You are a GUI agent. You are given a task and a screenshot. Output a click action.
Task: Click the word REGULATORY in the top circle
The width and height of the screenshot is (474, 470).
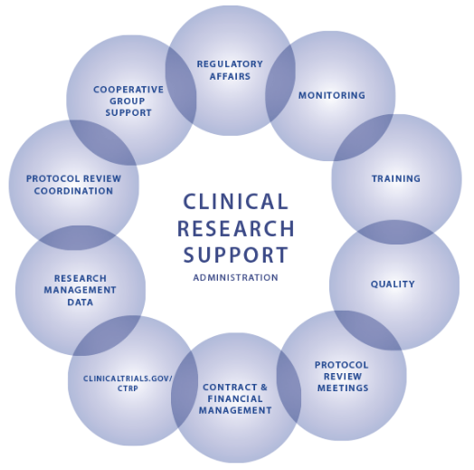click(230, 64)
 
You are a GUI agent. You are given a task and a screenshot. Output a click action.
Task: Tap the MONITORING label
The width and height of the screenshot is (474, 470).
click(332, 95)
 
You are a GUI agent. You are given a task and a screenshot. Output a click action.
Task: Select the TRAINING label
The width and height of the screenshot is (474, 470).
click(396, 178)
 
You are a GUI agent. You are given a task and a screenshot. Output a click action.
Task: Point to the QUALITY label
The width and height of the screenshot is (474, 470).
click(393, 283)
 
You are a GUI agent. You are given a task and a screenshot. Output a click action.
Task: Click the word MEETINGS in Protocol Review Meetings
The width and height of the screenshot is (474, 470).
click(343, 388)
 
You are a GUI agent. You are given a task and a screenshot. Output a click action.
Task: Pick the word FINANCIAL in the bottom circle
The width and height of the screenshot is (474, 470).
click(235, 398)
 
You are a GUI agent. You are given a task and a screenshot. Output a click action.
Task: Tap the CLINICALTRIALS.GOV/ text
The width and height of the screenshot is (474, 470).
click(128, 379)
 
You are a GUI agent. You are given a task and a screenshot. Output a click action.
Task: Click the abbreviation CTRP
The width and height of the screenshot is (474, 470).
click(128, 388)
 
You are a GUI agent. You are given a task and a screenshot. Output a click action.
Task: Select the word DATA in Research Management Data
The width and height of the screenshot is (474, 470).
click(81, 302)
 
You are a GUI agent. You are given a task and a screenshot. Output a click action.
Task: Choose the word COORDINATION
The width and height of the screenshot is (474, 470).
click(73, 191)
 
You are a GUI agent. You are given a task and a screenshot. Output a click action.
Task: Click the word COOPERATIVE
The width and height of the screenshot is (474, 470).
click(128, 90)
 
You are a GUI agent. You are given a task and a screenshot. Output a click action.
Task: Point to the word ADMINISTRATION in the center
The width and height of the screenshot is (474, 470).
click(235, 277)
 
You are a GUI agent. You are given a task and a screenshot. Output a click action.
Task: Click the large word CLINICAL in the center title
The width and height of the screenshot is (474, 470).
click(235, 202)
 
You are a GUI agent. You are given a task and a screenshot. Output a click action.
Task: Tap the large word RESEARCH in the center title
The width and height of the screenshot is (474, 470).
click(235, 228)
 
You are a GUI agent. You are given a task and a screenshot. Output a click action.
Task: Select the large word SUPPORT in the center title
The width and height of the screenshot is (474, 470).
click(235, 254)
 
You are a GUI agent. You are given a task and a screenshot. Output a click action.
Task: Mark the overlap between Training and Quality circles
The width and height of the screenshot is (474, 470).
click(395, 232)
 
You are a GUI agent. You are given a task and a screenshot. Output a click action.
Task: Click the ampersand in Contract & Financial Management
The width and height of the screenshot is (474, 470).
click(263, 387)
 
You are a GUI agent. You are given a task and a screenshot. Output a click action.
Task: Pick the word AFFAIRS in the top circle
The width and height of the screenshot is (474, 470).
click(230, 76)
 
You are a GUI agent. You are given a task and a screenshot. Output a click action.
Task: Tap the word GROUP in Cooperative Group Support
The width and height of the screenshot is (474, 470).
click(128, 101)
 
